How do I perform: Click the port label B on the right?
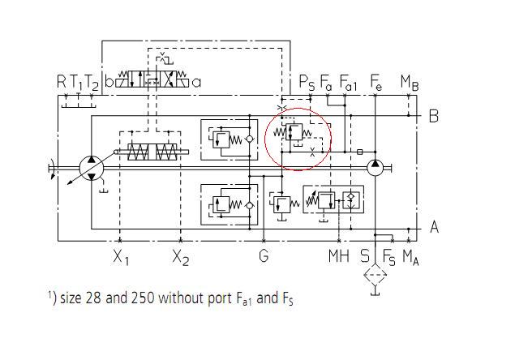pos(433,116)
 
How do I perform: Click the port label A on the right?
pos(434,227)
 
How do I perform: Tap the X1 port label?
pos(121,258)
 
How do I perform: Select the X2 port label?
pos(181,258)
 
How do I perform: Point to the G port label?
pos(264,257)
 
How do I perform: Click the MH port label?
pos(339,257)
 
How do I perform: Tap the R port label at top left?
pos(62,81)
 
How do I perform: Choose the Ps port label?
pos(307,82)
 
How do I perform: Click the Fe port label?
pos(376,82)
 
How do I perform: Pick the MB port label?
pos(410,82)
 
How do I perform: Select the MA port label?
pos(411,258)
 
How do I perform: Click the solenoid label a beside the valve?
pos(196,81)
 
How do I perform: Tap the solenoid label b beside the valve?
pos(109,81)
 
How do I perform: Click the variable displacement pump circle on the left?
pos(90,168)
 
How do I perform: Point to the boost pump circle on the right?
pos(375,168)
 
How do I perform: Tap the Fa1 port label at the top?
pos(349,82)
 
